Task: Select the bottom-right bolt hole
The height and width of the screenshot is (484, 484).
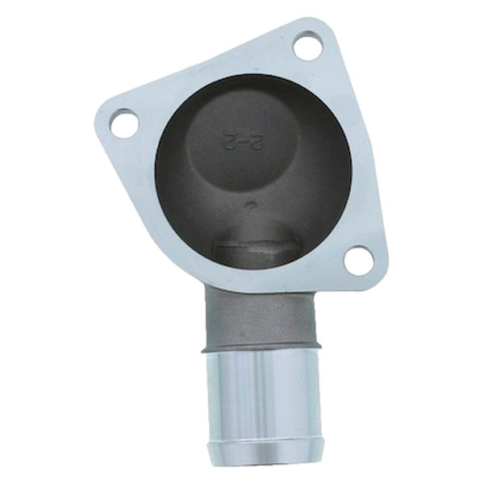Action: tap(359, 261)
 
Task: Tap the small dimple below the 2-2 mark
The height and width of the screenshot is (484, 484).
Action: tap(249, 204)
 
